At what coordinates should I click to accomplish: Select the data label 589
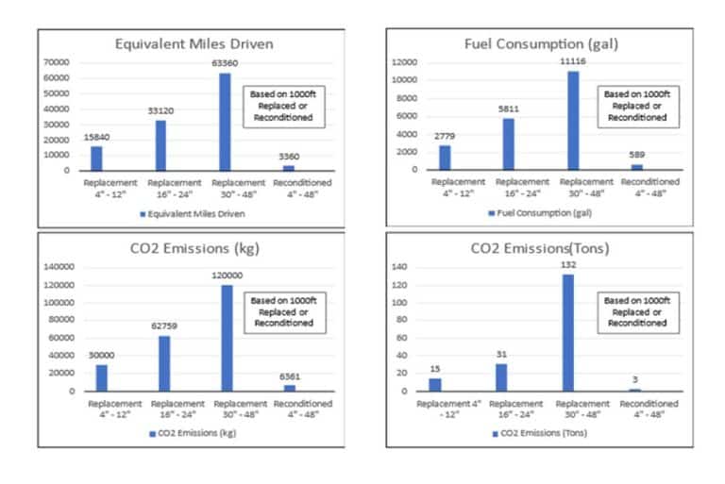pyautogui.click(x=636, y=155)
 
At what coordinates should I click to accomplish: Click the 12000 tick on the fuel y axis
pyautogui.click(x=406, y=62)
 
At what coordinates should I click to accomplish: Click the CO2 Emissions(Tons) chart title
pyautogui.click(x=539, y=250)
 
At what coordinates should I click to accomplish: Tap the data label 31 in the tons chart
pyautogui.click(x=500, y=354)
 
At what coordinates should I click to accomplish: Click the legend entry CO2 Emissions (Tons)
pyautogui.click(x=539, y=433)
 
